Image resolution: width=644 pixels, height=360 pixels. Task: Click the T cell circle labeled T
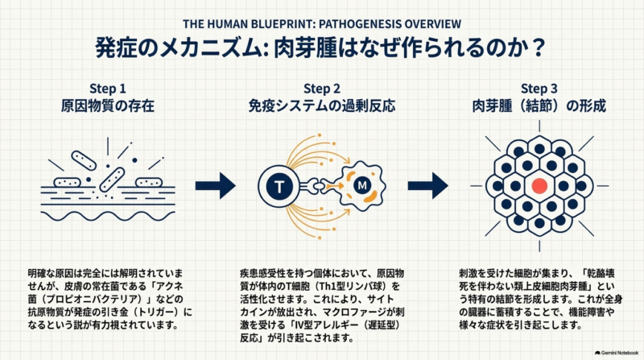point(279,186)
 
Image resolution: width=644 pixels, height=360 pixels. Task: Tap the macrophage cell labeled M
point(361,186)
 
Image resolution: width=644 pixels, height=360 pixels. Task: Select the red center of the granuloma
point(539,186)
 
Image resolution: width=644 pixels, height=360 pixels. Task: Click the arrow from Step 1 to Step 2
point(215,186)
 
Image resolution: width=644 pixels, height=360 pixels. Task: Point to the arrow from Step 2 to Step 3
point(427,186)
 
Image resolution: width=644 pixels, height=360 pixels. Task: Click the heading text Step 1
point(108,89)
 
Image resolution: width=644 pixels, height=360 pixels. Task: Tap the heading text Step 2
point(321,89)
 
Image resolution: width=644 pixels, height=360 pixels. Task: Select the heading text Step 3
point(539,89)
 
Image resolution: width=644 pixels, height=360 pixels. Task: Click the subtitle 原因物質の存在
point(108,106)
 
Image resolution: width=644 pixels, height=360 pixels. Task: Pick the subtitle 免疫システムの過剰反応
point(321,106)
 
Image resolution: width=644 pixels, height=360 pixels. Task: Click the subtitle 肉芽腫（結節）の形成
point(539,106)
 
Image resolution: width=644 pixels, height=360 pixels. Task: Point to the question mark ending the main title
point(537,48)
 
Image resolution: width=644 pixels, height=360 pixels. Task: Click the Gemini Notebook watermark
point(617,353)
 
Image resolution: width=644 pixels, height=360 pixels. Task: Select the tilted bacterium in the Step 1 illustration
point(112,179)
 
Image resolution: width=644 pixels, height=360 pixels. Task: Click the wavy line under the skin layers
point(108,216)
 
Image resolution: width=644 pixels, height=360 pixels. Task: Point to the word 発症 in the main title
point(111,48)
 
